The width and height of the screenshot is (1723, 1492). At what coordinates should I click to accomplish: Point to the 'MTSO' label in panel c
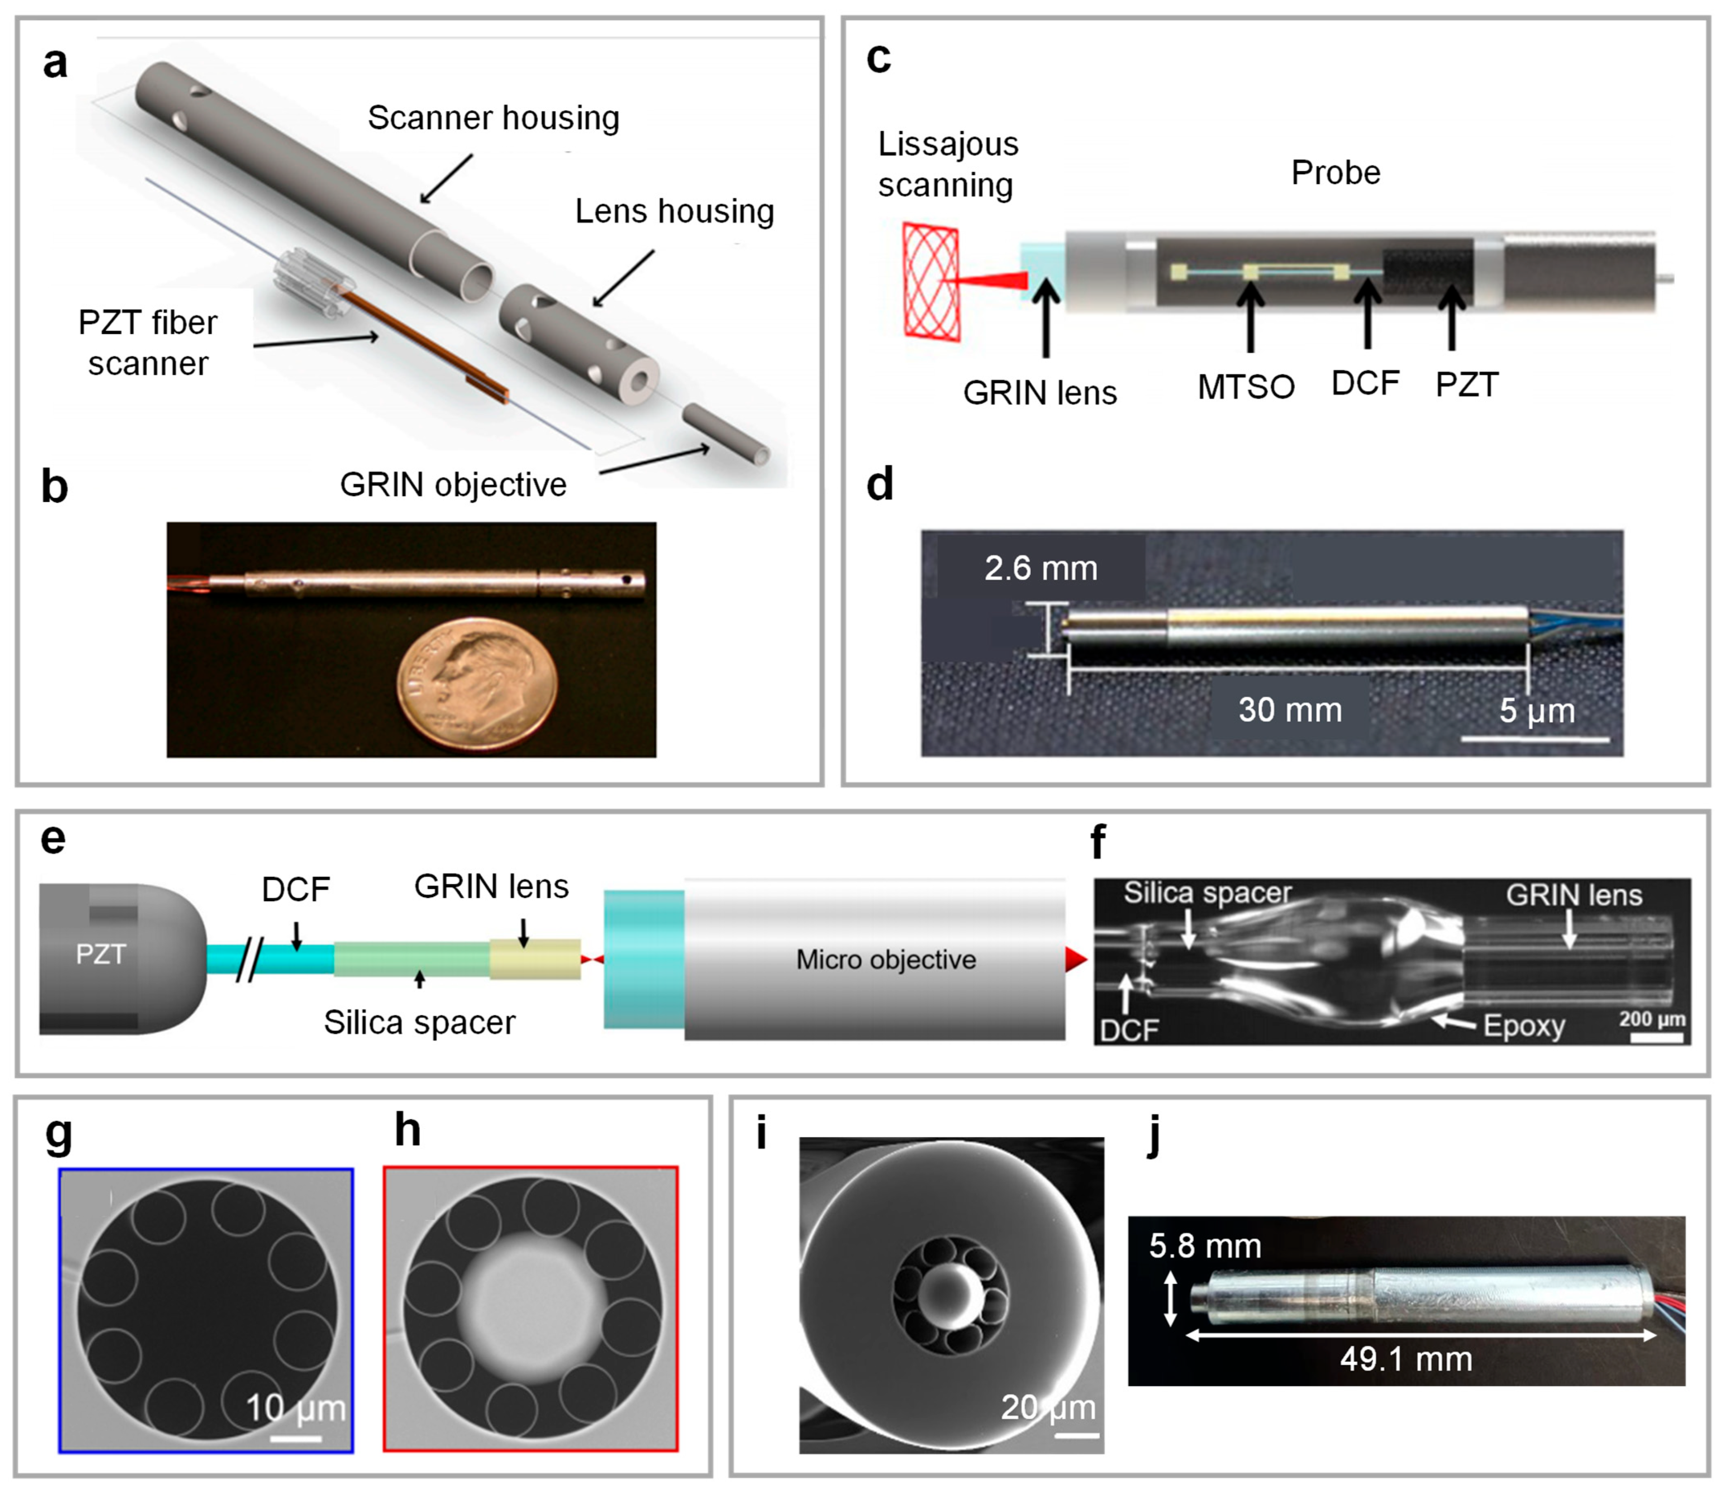[x=1246, y=387]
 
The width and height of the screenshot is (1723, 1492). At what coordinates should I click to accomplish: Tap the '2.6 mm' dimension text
[x=1041, y=569]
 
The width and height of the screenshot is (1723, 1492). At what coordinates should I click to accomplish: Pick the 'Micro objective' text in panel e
[x=885, y=960]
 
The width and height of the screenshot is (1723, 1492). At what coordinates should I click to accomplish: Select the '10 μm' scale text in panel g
[x=295, y=1408]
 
